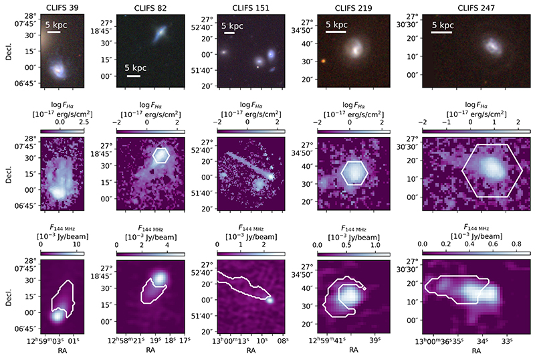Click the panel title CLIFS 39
[60, 7]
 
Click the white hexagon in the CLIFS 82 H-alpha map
[160, 155]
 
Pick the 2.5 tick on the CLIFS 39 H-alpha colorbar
[82, 122]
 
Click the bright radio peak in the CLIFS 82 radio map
[160, 279]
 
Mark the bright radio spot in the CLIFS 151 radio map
[270, 299]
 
